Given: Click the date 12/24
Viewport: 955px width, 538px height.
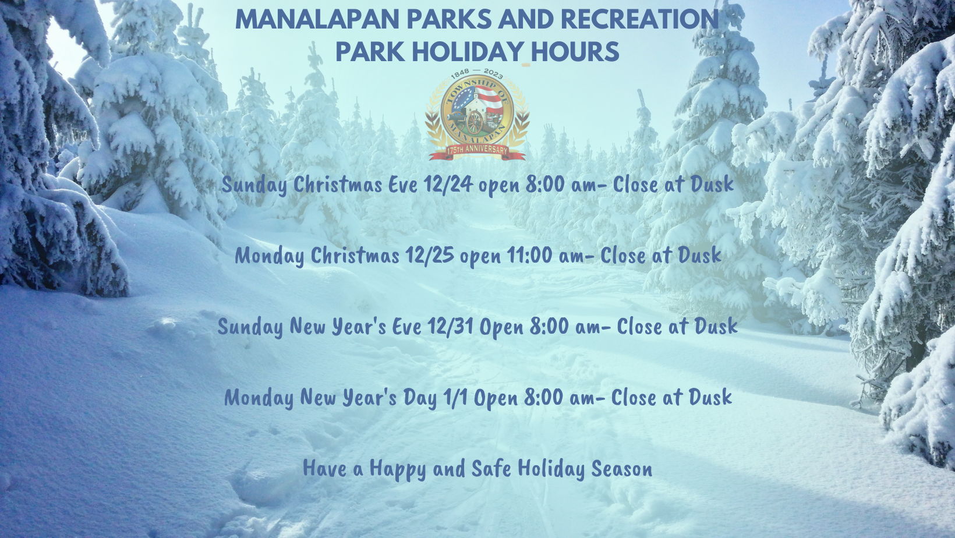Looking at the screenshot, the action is pyautogui.click(x=448, y=185).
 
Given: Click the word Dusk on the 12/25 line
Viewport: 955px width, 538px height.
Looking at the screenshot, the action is pyautogui.click(x=699, y=256).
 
